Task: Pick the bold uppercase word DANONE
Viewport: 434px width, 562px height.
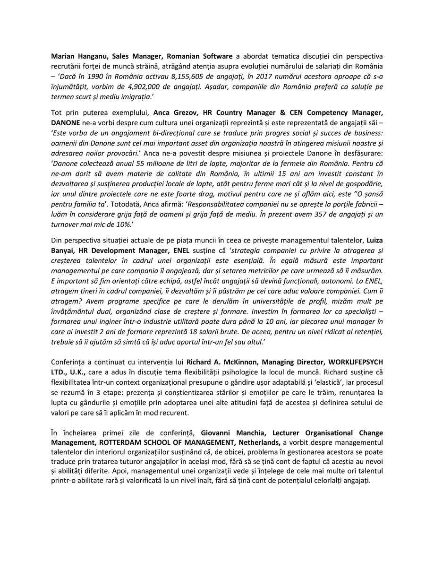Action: click(65, 122)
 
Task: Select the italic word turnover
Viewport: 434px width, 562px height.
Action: click(71, 225)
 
